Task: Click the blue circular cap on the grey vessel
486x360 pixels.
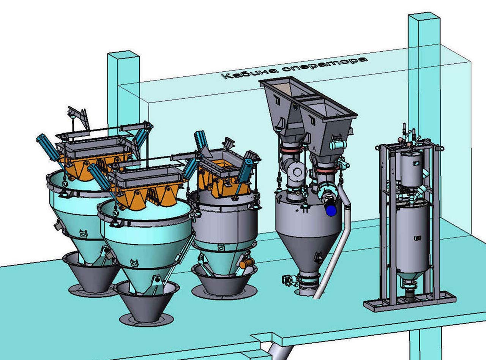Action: coord(331,210)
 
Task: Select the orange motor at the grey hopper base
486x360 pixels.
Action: coord(246,263)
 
